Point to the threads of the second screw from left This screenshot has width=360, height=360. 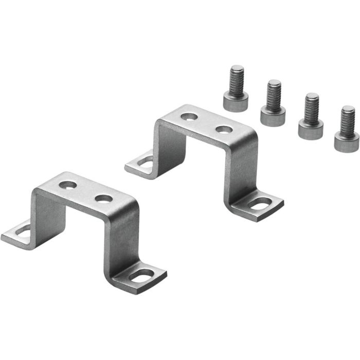274,93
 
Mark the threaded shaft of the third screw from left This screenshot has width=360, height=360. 311,106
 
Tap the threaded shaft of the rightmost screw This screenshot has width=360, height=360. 348,119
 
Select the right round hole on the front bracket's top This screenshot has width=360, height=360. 103,198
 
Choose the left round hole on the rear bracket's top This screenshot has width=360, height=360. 188,115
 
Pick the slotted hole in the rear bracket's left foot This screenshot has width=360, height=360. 146,164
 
